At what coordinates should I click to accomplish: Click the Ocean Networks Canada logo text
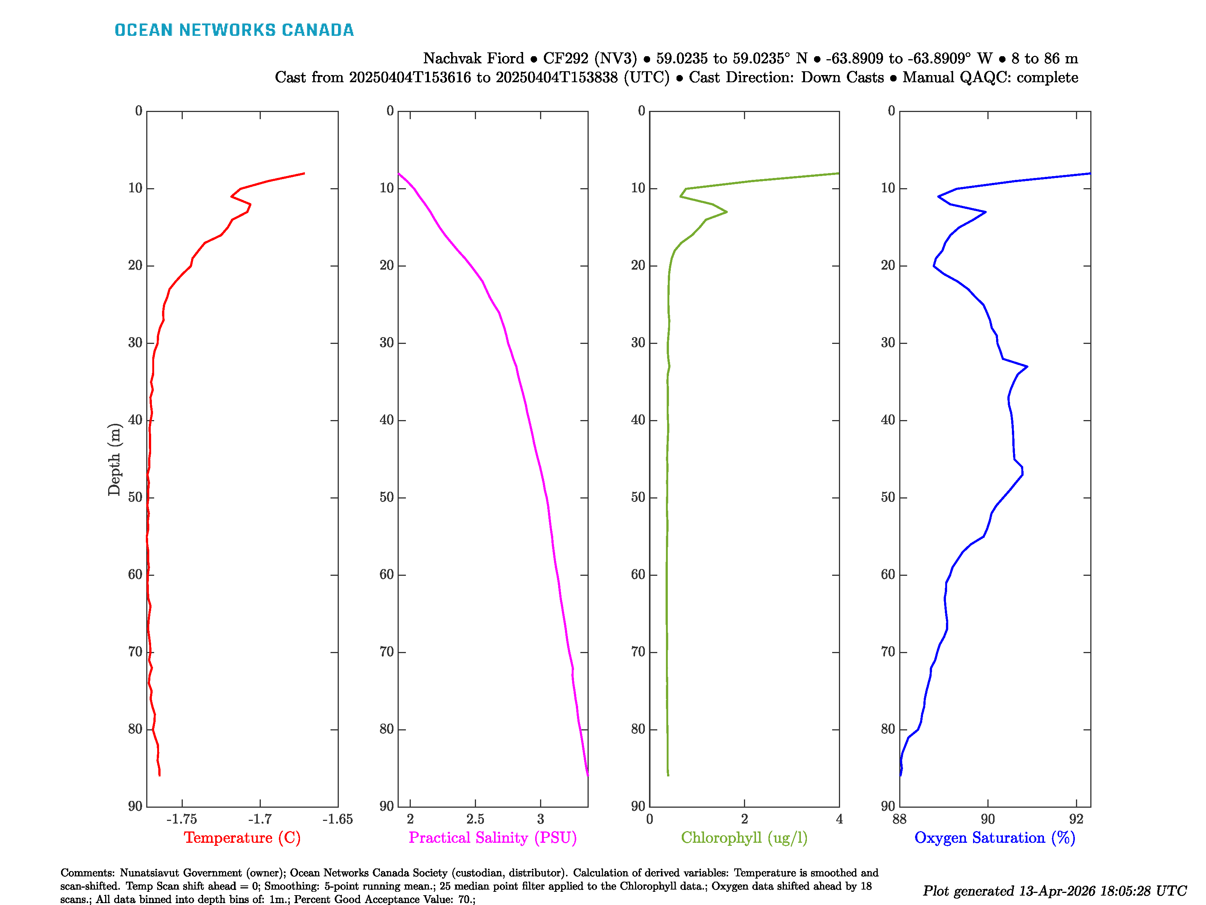(x=234, y=30)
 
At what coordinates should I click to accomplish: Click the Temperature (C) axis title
(x=242, y=838)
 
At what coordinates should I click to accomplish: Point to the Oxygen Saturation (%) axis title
(x=995, y=838)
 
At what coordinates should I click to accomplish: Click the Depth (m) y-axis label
(x=114, y=459)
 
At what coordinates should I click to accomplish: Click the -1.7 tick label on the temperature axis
(x=260, y=819)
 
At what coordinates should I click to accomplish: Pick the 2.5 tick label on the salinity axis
(x=475, y=819)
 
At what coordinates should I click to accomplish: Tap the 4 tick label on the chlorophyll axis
(x=839, y=819)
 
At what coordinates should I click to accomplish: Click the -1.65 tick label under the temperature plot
(x=337, y=819)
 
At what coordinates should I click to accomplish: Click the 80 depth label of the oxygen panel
(x=888, y=729)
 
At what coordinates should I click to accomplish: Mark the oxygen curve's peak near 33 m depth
(x=1027, y=367)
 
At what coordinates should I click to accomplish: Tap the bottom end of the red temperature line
(x=159, y=775)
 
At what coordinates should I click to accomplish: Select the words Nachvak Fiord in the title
(x=473, y=58)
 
